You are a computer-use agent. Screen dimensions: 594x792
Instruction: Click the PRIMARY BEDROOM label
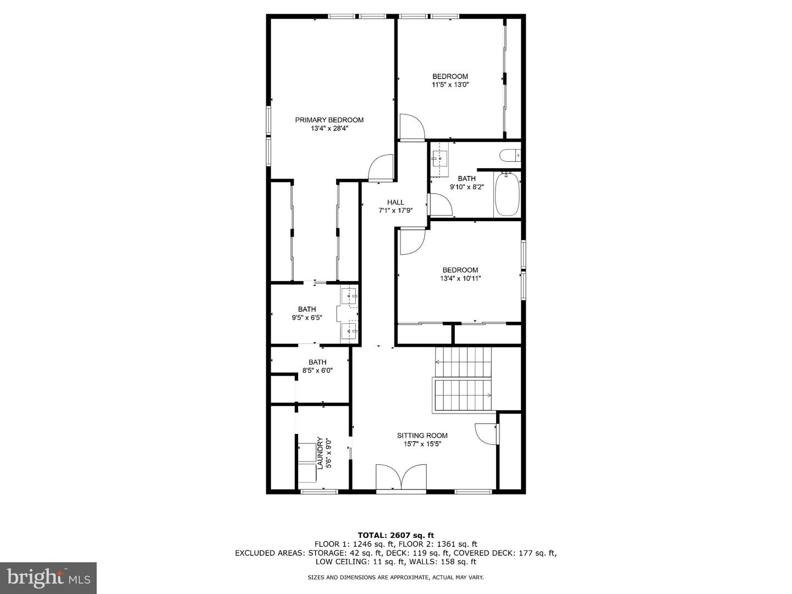pos(329,120)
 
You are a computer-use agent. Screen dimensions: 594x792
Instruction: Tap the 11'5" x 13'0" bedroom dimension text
pos(450,85)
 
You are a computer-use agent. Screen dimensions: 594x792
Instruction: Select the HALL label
pos(395,202)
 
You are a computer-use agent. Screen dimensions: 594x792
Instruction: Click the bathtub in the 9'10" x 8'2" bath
pos(507,195)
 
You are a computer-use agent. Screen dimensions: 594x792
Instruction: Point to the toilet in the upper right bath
pos(510,156)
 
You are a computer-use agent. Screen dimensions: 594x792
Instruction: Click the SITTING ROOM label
pos(422,436)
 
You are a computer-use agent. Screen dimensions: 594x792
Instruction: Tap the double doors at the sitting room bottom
pos(402,476)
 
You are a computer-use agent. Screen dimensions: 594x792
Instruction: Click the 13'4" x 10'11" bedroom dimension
pos(460,278)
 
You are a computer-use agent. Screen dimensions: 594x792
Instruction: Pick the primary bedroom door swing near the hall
pos(381,168)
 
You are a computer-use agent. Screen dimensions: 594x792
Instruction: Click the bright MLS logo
pos(48,577)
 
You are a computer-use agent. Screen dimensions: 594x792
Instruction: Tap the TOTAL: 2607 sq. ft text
pos(395,535)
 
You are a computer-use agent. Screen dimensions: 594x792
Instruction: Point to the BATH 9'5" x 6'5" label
pos(307,313)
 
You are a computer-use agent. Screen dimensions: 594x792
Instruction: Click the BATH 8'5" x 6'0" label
pos(317,366)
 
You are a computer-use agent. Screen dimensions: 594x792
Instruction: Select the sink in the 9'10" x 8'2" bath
pos(440,157)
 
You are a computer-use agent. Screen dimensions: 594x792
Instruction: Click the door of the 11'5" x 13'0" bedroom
pos(411,127)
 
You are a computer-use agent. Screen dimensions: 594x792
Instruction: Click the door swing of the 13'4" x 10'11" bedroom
pos(412,242)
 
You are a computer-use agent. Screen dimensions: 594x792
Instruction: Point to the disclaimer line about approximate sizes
pos(395,577)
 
